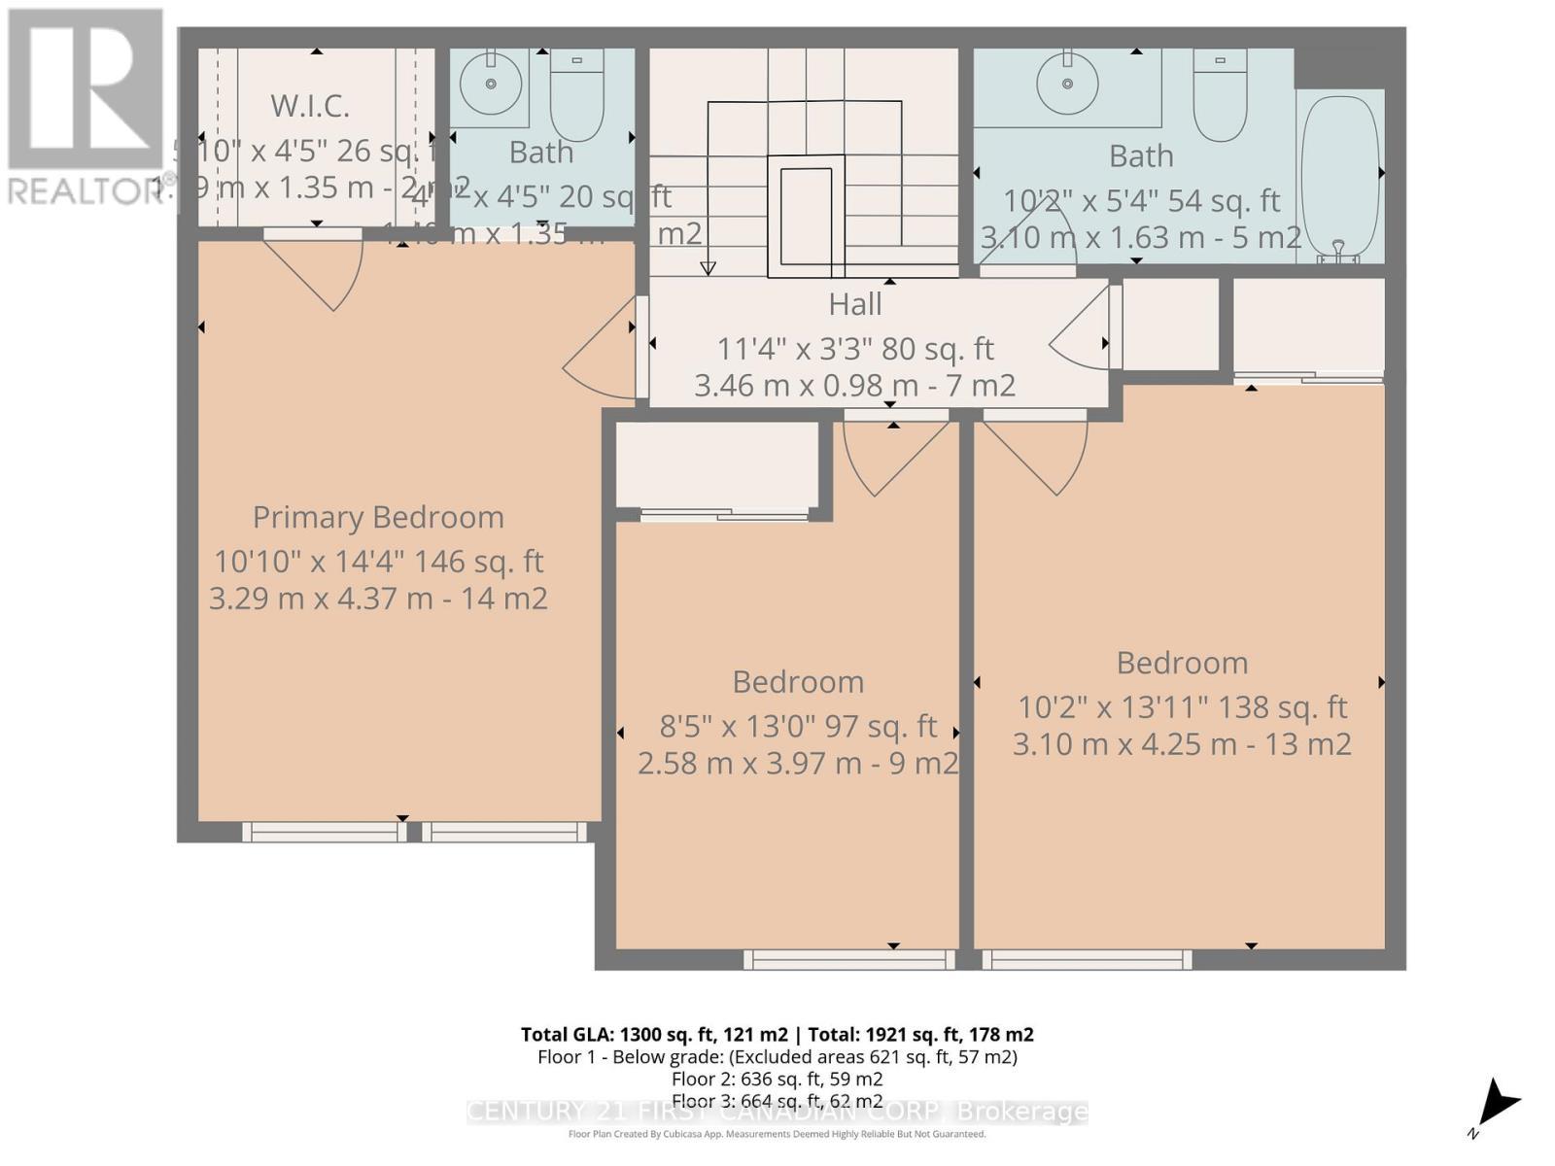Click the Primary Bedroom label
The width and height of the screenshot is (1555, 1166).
[x=378, y=517]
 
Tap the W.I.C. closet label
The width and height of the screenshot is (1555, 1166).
[x=309, y=105]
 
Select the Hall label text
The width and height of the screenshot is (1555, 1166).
[x=855, y=304]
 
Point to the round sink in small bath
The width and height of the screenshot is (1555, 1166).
[x=490, y=84]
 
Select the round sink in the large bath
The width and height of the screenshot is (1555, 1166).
[x=1067, y=84]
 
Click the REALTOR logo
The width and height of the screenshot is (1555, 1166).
[x=86, y=107]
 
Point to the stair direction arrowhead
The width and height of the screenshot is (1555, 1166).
[x=708, y=268]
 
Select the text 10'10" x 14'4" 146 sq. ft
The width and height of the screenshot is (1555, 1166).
[x=378, y=562]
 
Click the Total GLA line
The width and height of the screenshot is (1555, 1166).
[x=777, y=1035]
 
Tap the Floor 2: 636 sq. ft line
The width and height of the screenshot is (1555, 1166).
[x=777, y=1079]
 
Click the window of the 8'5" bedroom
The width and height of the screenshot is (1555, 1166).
[x=849, y=960]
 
